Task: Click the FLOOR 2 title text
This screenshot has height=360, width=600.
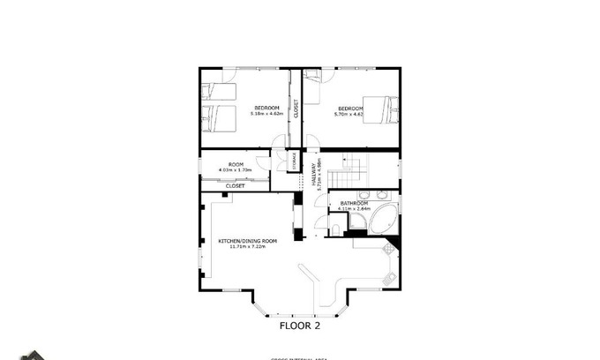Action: click(x=299, y=325)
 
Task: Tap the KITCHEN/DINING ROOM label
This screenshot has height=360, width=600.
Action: click(x=248, y=241)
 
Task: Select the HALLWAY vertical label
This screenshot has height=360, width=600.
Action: click(x=312, y=172)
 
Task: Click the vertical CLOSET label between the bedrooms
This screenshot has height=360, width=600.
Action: click(x=296, y=109)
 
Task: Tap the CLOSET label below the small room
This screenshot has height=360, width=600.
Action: click(x=235, y=186)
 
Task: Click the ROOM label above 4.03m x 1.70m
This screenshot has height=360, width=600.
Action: click(x=236, y=164)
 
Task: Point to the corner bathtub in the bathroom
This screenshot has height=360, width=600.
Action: click(x=384, y=221)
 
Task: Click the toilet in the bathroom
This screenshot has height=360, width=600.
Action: click(x=337, y=229)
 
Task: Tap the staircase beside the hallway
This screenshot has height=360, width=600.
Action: click(x=356, y=165)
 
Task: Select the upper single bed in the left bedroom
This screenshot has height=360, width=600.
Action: click(x=218, y=91)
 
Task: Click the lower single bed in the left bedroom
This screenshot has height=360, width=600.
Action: click(x=218, y=116)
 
